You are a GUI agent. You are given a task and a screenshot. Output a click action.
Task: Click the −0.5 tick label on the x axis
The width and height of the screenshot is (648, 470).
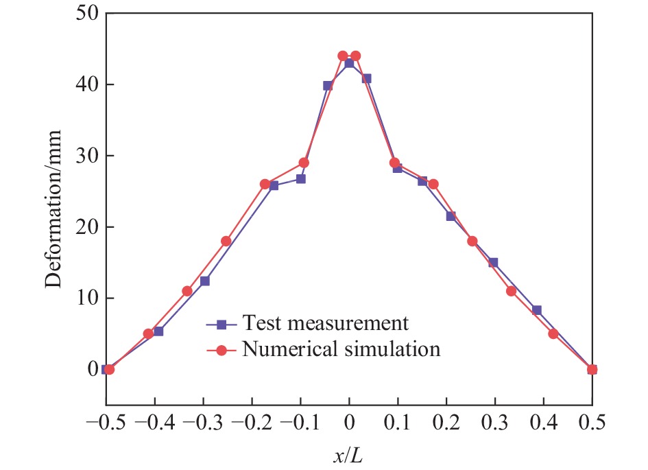106,420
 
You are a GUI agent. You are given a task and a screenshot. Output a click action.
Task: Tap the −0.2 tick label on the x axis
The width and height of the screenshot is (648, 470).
252,420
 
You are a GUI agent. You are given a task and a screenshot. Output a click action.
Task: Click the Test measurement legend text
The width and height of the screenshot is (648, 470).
325,322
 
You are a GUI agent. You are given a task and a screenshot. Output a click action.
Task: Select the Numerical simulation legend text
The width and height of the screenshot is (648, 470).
340,349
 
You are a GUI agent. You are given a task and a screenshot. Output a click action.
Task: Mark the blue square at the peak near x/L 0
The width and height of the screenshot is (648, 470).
349,63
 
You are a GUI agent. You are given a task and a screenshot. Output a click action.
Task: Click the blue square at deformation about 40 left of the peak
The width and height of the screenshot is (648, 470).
328,86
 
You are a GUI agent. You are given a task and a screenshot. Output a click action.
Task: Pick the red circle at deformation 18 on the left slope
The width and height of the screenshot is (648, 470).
226,241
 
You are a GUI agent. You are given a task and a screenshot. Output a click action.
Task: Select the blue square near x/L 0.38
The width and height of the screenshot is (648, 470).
537,310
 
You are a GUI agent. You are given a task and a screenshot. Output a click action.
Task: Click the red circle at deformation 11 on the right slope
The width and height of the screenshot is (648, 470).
512,291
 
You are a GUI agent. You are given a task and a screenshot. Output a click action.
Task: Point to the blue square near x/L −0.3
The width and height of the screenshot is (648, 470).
205,281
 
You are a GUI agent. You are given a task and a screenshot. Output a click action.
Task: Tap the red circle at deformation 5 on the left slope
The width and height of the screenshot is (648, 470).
148,333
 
